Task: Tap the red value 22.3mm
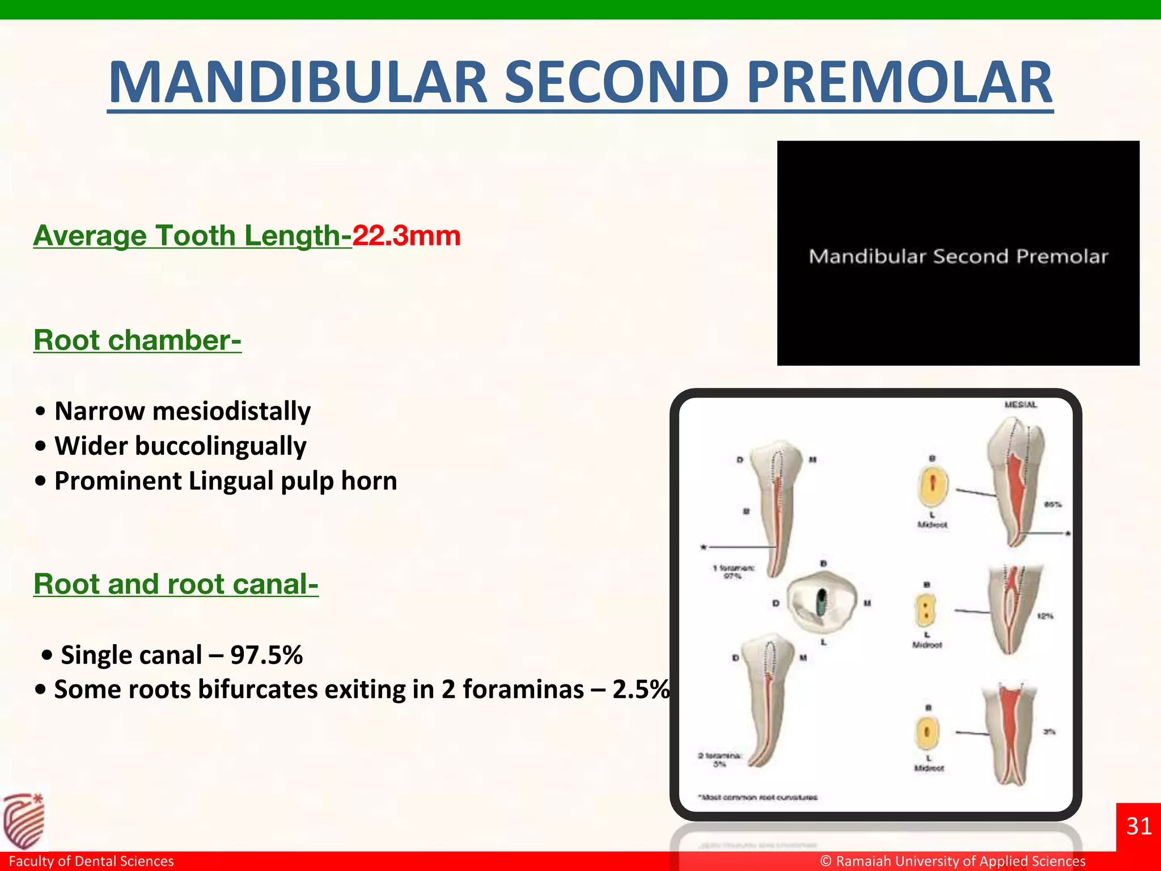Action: (x=406, y=235)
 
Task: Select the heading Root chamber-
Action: (x=137, y=340)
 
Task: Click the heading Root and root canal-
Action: (x=176, y=584)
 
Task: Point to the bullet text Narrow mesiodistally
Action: (x=183, y=411)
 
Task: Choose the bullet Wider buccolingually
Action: (x=180, y=446)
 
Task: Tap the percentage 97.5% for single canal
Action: (x=266, y=655)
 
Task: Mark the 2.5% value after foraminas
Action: (x=641, y=690)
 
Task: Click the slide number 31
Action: (x=1138, y=826)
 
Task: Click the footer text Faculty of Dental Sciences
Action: (x=91, y=861)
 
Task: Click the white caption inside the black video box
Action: (x=958, y=256)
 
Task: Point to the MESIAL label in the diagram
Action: (x=1020, y=404)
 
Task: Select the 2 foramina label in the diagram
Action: (x=719, y=759)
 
